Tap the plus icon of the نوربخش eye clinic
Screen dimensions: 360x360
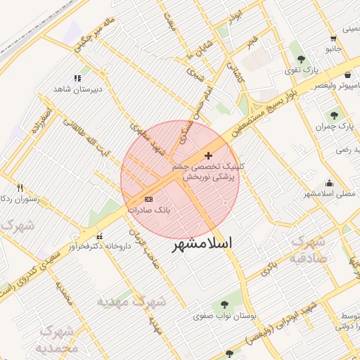point(208,155)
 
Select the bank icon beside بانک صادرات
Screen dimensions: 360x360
point(148,199)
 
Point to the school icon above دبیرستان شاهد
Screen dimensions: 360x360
point(77,78)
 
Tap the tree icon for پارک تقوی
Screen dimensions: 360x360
point(302,59)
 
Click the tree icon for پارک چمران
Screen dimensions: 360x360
point(334,115)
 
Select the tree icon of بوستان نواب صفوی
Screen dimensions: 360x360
point(224,304)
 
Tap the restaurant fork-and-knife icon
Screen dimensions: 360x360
point(20,188)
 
